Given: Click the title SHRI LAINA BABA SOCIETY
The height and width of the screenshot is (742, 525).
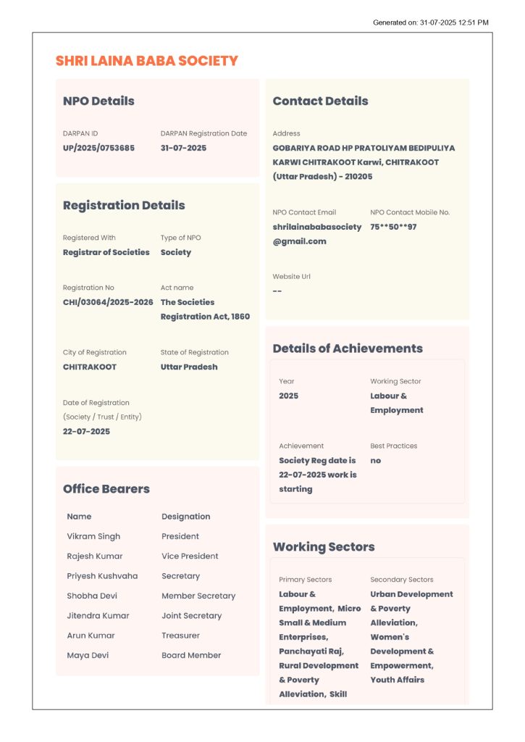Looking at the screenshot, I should [146, 61].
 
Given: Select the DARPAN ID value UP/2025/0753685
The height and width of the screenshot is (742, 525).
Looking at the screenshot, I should [98, 148].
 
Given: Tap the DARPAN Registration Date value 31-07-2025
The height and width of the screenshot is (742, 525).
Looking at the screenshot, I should [183, 148].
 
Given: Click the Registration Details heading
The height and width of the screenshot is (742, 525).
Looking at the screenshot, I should [124, 205].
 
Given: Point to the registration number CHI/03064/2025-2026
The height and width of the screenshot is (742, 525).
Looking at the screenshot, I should [108, 302].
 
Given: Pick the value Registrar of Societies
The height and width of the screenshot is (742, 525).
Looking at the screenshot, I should [106, 252].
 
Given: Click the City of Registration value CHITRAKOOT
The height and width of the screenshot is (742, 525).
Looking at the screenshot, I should [90, 367].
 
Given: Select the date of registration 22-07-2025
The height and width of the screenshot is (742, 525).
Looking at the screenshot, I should [86, 431].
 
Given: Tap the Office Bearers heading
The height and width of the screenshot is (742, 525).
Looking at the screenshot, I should [106, 489].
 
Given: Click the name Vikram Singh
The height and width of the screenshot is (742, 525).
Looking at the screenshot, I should [93, 536].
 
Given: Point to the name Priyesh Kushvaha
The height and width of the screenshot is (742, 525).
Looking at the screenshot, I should [102, 576].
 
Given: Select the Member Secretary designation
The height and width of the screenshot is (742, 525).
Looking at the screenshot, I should [198, 596].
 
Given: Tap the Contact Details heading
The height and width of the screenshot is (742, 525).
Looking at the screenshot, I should [320, 101].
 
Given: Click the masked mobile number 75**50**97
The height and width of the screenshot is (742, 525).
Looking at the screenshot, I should [393, 227].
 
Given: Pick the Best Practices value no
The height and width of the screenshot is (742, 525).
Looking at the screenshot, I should [375, 460].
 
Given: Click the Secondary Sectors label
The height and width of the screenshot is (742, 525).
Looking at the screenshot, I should [401, 580].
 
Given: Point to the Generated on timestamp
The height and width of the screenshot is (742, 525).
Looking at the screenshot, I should [430, 22].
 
